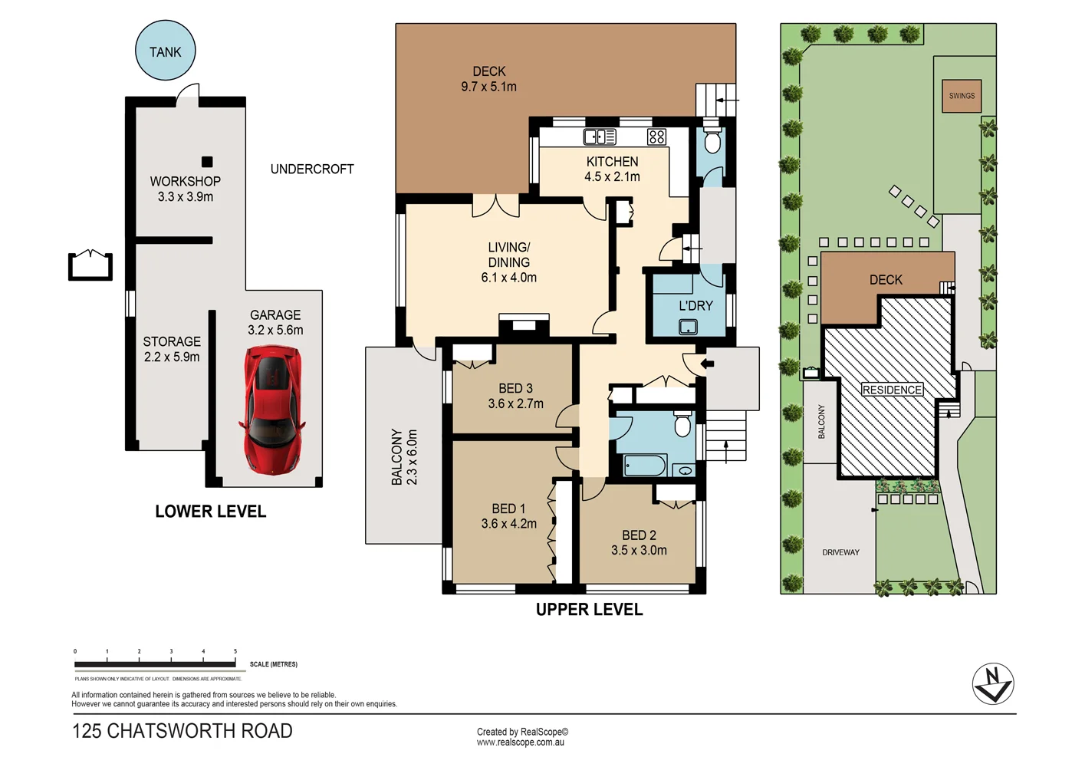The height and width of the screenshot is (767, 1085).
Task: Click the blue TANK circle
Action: [x=165, y=51]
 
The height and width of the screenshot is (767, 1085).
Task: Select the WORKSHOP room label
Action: [x=185, y=181]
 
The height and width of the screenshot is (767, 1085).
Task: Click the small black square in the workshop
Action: [x=207, y=162]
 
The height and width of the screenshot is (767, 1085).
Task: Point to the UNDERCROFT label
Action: [x=312, y=169]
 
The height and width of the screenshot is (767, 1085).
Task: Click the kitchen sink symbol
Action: [x=600, y=137]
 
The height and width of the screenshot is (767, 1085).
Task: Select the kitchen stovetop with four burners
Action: [x=656, y=137]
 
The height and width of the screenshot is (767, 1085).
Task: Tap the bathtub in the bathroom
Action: [x=645, y=465]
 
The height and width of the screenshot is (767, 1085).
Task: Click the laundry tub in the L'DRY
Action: [x=688, y=328]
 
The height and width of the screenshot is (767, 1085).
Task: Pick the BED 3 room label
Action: [x=515, y=388]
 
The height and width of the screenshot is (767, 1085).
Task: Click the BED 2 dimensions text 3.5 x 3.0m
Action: [x=639, y=550]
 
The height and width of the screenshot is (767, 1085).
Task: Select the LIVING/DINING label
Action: [x=508, y=255]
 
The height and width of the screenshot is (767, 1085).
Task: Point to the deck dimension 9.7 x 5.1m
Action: [x=488, y=87]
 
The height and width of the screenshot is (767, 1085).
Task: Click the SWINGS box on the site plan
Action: [x=962, y=96]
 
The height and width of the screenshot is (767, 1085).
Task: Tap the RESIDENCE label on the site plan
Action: [x=892, y=390]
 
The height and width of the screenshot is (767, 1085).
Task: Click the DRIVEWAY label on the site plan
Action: [x=840, y=552]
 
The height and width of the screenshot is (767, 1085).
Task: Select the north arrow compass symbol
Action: [x=993, y=683]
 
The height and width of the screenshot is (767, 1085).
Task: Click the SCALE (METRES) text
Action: [x=274, y=664]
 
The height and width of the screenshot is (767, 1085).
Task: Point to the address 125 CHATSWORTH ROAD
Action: [x=182, y=731]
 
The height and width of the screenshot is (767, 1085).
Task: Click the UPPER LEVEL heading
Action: [x=589, y=610]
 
